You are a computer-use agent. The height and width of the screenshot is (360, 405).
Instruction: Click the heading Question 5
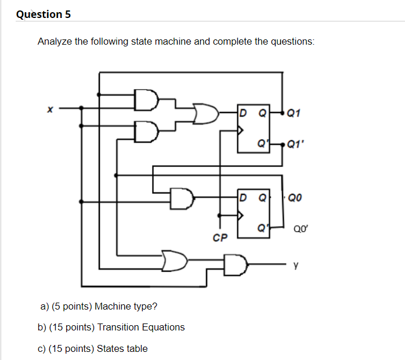point(44,14)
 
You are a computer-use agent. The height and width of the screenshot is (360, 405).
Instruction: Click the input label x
point(50,108)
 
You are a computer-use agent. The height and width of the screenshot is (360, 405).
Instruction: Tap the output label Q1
point(294,113)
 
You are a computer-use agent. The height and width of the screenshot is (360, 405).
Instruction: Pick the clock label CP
point(220,238)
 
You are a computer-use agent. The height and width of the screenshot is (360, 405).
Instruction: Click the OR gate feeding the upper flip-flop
point(205,113)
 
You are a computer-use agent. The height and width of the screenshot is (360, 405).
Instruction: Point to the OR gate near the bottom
point(175,261)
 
